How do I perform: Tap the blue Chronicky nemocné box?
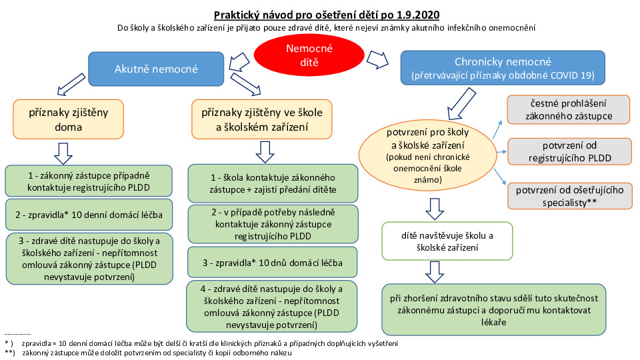coord(503,68)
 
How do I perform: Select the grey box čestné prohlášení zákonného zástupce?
coord(568,109)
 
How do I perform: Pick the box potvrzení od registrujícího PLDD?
coord(568,152)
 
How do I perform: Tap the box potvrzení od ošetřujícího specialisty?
coord(568,195)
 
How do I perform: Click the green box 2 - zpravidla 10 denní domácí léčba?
coord(89,215)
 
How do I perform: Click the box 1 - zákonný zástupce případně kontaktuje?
coord(89,180)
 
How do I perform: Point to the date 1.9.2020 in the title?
coord(417,14)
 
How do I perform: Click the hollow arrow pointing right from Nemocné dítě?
coord(378,59)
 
